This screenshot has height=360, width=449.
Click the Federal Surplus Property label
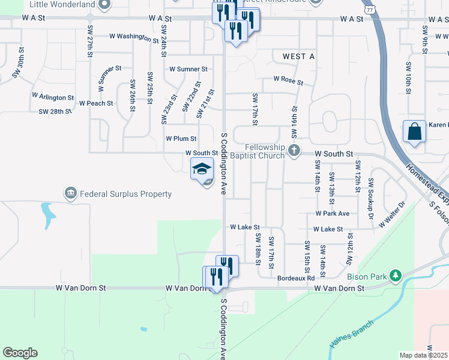(126, 194)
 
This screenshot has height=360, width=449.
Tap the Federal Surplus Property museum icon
(71, 193)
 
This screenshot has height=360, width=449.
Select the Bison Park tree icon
(395, 276)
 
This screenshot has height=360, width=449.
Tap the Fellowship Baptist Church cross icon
(294, 150)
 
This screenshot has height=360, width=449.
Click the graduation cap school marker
(202, 169)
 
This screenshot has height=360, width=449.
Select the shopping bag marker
(415, 131)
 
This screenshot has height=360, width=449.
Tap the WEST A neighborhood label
(290, 56)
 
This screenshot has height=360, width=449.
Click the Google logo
(20, 353)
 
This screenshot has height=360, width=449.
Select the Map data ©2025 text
(423, 355)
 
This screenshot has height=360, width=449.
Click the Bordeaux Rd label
(296, 278)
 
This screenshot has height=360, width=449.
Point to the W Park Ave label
(332, 214)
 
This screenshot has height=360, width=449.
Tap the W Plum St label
(181, 139)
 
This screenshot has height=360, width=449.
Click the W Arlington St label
(52, 97)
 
